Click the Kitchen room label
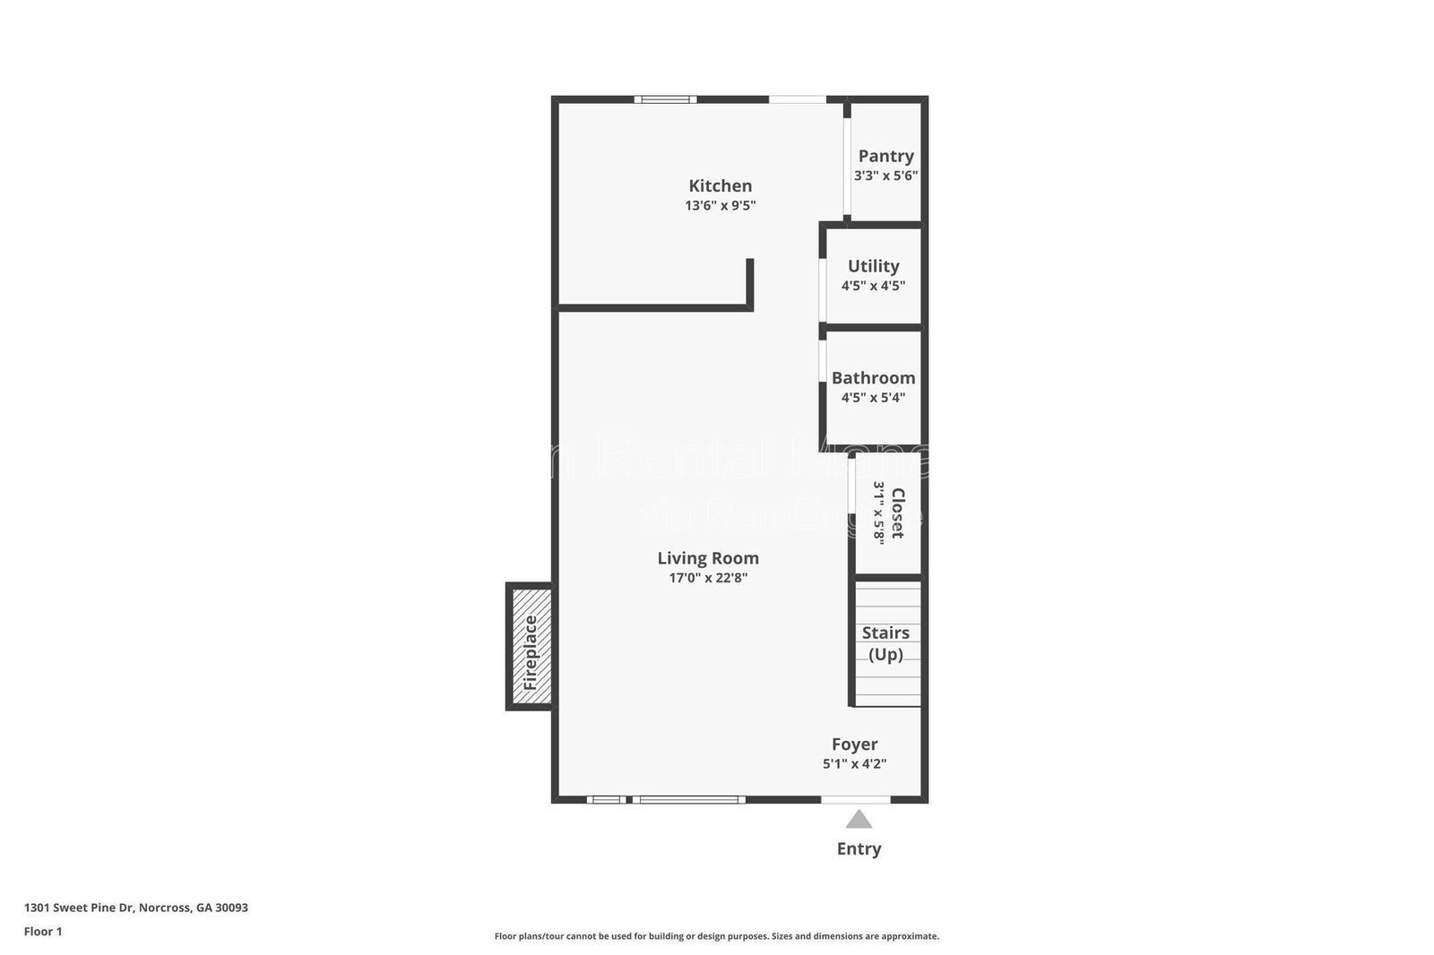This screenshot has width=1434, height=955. click(x=720, y=185)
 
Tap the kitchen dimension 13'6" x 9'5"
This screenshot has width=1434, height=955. click(x=720, y=205)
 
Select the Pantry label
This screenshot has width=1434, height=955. click(x=885, y=156)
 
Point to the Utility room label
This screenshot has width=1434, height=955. click(x=873, y=266)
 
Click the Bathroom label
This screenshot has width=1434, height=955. click(x=873, y=378)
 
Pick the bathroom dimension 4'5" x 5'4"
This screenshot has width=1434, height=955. click(x=873, y=398)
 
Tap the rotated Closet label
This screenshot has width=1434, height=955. click(x=897, y=513)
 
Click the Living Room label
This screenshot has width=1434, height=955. click(x=707, y=558)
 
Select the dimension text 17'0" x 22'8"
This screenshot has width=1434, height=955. click(x=707, y=578)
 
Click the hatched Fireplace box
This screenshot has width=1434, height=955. click(x=531, y=647)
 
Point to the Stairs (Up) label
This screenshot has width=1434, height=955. click(x=885, y=643)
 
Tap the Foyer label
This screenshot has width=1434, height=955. click(x=854, y=744)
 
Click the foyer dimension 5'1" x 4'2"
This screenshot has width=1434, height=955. click(x=854, y=764)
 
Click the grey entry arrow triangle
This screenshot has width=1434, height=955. click(x=859, y=820)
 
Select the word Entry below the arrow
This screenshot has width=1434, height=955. click(x=859, y=848)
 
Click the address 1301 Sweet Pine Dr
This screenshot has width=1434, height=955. click(x=135, y=908)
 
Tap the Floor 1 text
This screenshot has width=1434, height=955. click(x=43, y=932)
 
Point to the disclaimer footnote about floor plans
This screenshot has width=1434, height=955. click(x=716, y=936)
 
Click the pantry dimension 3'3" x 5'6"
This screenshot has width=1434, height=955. click(x=885, y=176)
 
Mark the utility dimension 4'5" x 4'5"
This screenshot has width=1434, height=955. click(x=873, y=286)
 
